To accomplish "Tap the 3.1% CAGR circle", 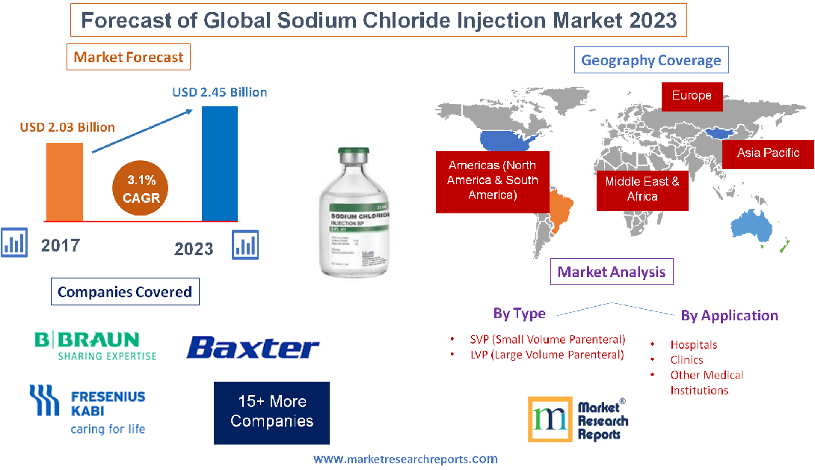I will (141, 188).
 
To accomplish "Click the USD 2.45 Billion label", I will (220, 93).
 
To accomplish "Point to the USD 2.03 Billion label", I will (67, 126).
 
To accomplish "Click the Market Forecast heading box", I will (129, 57).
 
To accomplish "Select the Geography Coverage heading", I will (651, 61).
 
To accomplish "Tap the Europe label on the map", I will (692, 96).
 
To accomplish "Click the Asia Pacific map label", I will (768, 153).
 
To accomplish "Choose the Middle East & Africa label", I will (642, 189).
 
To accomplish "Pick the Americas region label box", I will (492, 180).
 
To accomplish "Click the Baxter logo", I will (253, 347).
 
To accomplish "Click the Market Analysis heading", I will (612, 272).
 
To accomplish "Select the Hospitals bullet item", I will (693, 345).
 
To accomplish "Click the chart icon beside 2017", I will (14, 243).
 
